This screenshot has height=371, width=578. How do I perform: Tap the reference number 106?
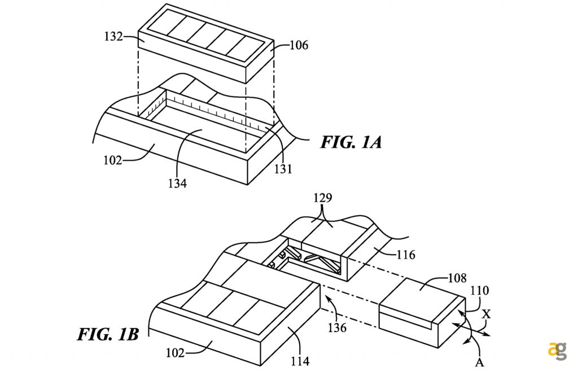click(299, 45)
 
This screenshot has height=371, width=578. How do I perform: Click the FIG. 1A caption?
click(351, 142)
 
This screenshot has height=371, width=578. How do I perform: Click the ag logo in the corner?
click(557, 350)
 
